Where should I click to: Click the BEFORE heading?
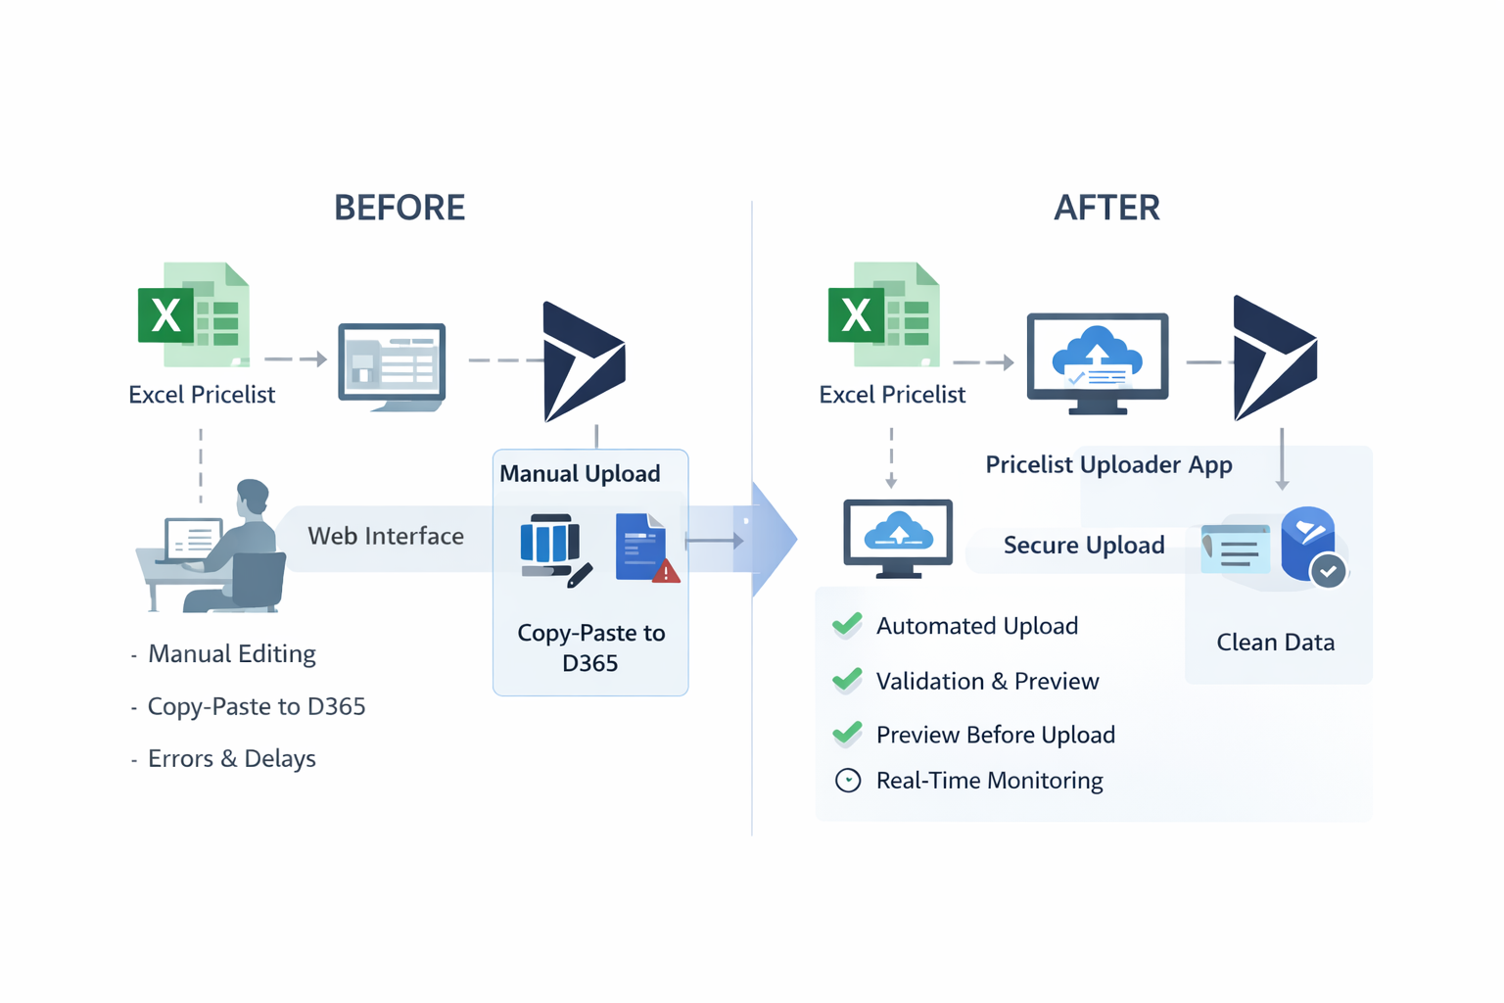coord(399,208)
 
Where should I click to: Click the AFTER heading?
coord(1106,208)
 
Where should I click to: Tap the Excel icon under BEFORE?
coord(194,315)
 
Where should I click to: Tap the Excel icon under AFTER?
coord(884,315)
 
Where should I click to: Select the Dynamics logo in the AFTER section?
coord(1274,358)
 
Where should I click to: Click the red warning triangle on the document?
coord(667,572)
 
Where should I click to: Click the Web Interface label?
coord(386,536)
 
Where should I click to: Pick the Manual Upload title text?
coord(580,474)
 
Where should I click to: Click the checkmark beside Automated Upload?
coord(847,625)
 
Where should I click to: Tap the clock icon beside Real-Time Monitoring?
coord(848,781)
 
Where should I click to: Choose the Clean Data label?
coord(1275,643)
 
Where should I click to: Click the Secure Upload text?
coord(1084,546)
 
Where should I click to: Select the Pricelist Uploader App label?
coord(1108,464)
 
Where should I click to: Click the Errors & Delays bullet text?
coord(231,759)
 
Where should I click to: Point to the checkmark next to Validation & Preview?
coord(847,680)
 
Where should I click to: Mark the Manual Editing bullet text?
coord(231,654)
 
